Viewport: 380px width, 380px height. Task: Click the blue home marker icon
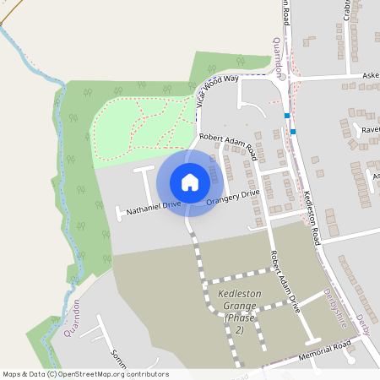(189, 182)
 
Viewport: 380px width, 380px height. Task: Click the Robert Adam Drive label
(285, 281)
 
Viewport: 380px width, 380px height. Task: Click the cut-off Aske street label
(370, 74)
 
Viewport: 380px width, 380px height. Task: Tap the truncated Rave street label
(370, 130)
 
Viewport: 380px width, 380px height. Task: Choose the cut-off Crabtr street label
(347, 10)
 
